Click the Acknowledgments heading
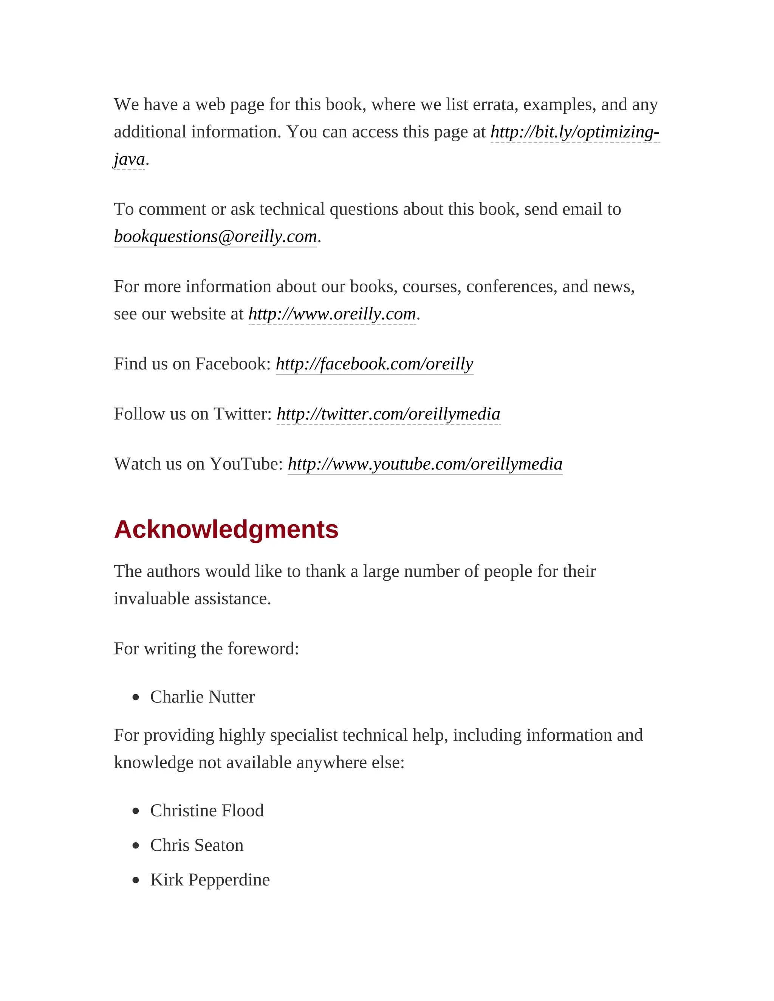pyautogui.click(x=226, y=530)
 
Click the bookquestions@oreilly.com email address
pyautogui.click(x=215, y=236)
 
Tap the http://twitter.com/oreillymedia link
pyautogui.click(x=389, y=414)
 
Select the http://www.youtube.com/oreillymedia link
pyautogui.click(x=424, y=464)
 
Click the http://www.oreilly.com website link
pyautogui.click(x=332, y=314)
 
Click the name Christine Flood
pyautogui.click(x=207, y=810)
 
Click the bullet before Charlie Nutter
pyautogui.click(x=135, y=698)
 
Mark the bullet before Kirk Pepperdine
pyautogui.click(x=135, y=881)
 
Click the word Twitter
pyautogui.click(x=243, y=414)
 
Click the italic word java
pyautogui.click(x=129, y=159)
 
